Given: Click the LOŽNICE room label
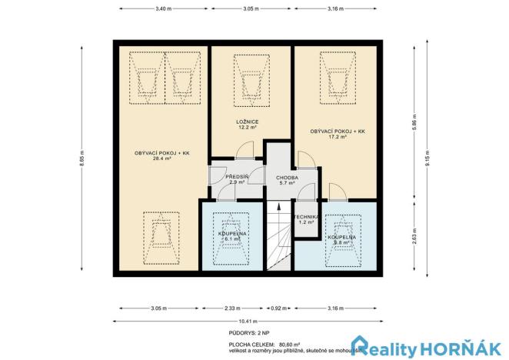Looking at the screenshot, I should pos(246,122).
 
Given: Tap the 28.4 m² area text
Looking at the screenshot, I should pos(161,158).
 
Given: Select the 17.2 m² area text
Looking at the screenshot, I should pos(338,138).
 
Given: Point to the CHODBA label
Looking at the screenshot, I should pos(276,177).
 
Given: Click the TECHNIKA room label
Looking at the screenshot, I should pos(308,217).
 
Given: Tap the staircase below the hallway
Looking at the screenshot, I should pos(277,238).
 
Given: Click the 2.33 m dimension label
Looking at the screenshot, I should pos(231,308).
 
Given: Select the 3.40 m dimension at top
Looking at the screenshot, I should pos(162,8).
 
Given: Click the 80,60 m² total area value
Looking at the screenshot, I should pos(289,344).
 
